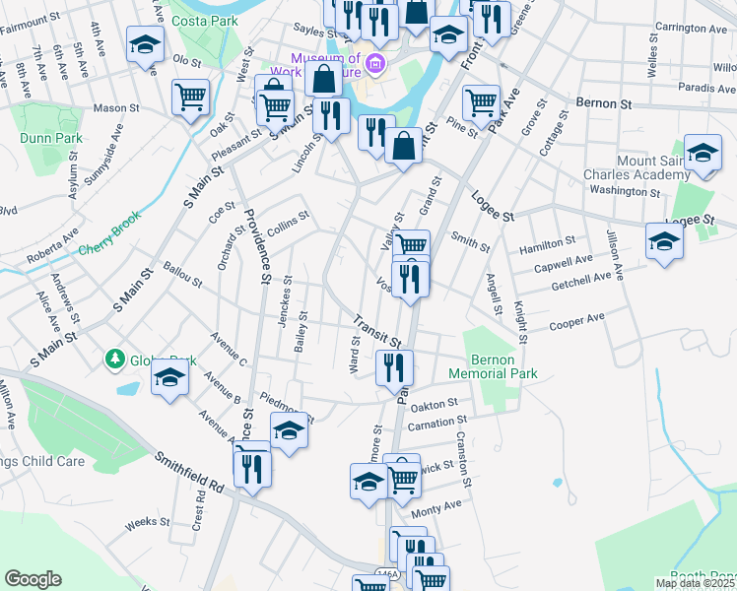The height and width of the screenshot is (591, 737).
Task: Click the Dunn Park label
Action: pyautogui.click(x=51, y=138)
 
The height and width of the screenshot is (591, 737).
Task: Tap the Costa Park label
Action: pyautogui.click(x=205, y=20)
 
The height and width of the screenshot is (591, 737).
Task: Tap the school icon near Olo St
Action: pyautogui.click(x=145, y=45)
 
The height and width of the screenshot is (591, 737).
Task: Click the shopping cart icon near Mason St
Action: pyautogui.click(x=190, y=98)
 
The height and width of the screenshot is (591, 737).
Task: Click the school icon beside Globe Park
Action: pyautogui.click(x=169, y=378)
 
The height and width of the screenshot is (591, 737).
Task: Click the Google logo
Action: pyautogui.click(x=33, y=579)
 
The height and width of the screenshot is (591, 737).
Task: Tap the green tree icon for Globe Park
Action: pyautogui.click(x=117, y=360)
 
